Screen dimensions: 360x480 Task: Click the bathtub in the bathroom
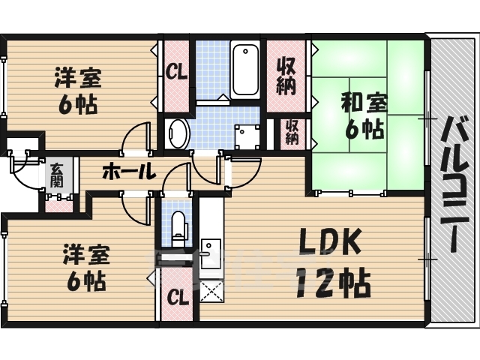(245, 70)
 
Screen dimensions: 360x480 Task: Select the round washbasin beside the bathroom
(178, 133)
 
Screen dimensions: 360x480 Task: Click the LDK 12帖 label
(334, 262)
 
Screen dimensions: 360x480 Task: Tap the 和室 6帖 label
(363, 114)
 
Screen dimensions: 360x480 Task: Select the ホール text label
(128, 172)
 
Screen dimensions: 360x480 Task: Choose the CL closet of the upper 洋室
(177, 73)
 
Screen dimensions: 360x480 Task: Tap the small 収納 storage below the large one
(292, 132)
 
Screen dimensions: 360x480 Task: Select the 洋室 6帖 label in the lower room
(85, 267)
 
